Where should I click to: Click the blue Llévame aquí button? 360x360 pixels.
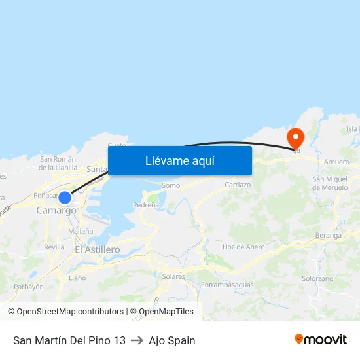coord(179,160)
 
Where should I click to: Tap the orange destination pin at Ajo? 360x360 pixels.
coord(295,137)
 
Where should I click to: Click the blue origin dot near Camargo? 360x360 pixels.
coord(64,198)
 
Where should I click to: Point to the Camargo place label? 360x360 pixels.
coord(56,211)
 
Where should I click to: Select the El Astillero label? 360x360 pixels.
coord(98,250)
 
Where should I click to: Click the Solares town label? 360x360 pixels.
coord(173,276)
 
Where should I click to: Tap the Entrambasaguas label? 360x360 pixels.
coord(227,285)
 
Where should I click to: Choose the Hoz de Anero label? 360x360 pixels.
coord(243,247)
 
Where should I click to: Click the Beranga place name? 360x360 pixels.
coord(328,235)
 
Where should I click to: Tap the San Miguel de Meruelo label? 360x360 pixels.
coord(334,183)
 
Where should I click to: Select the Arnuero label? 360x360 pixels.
coord(336,161)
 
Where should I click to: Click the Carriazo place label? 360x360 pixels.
coord(238,185)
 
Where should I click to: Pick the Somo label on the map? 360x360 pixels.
coord(171,185)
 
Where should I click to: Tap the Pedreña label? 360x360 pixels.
coord(146,205)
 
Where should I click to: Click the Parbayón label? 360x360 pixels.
coord(29,287)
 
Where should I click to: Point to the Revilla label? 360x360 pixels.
coord(54,247)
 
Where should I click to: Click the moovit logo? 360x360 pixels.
coord(321,340)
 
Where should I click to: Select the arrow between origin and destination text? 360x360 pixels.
coord(137,340)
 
